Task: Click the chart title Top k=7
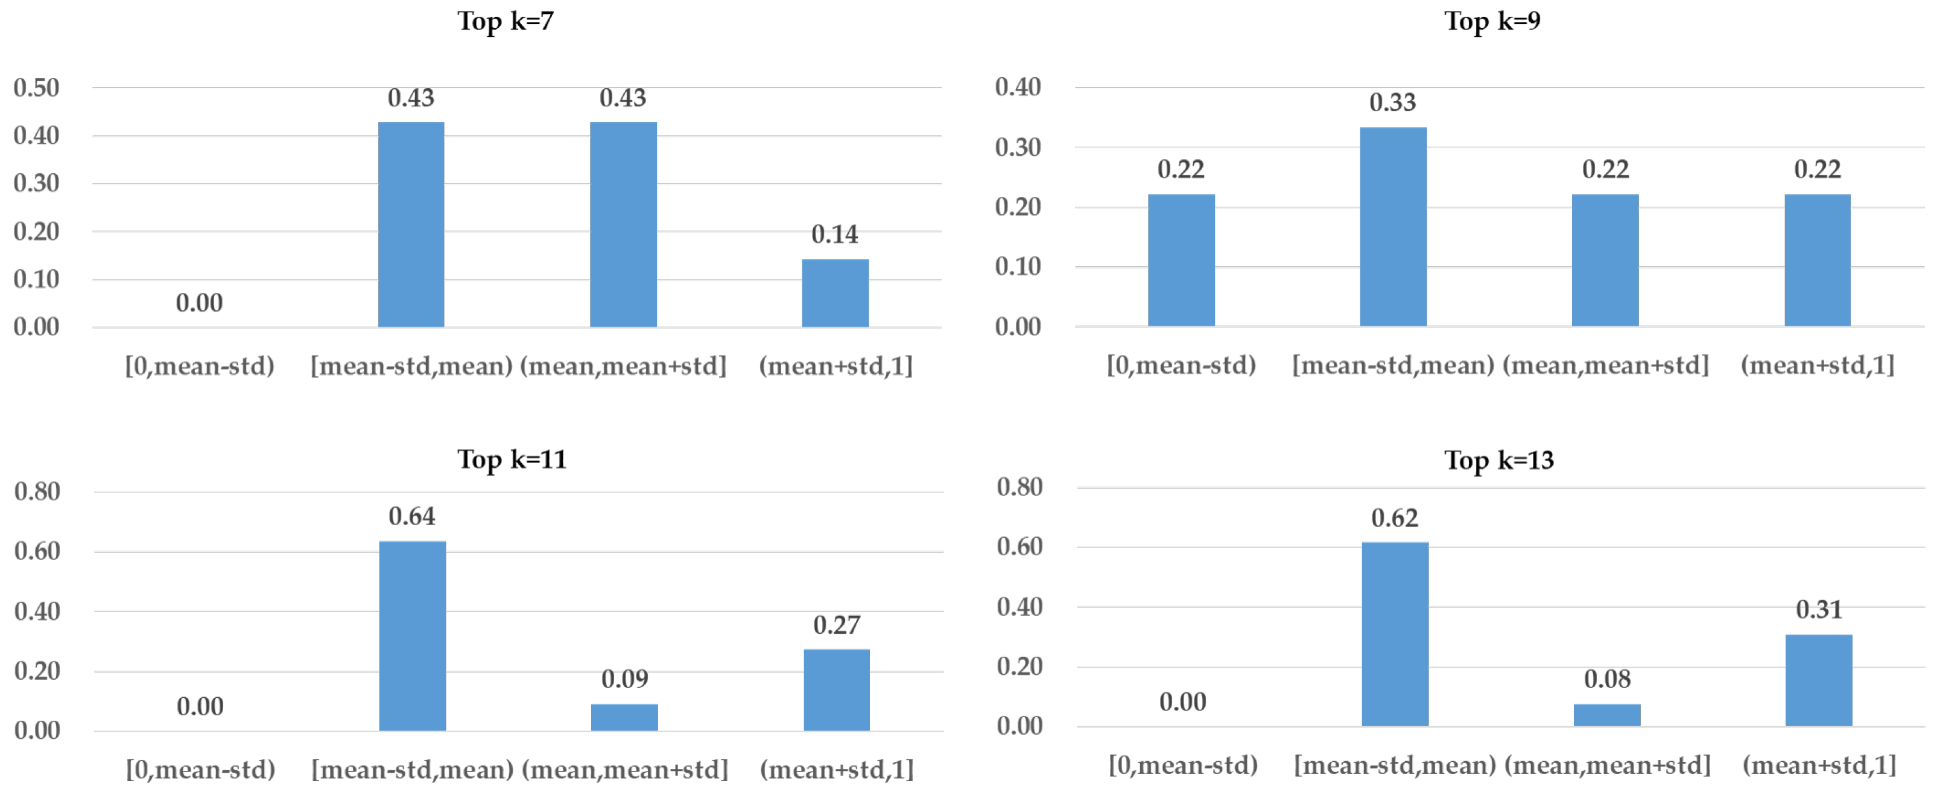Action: click(506, 21)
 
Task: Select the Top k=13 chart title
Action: click(1498, 459)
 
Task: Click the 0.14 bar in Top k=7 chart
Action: click(835, 293)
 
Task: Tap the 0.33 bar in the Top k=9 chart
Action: click(1393, 226)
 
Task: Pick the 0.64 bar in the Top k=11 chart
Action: click(412, 636)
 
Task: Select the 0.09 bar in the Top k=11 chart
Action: click(624, 717)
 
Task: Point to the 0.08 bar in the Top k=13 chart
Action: click(1607, 715)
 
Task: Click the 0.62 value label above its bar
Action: click(1394, 518)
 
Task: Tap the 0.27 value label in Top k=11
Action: click(836, 625)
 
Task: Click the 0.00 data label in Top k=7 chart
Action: click(199, 303)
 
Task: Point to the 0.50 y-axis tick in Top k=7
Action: click(36, 88)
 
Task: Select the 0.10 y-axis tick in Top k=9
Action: click(1018, 266)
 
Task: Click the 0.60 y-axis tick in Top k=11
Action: click(37, 551)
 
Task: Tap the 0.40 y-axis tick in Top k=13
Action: click(1019, 606)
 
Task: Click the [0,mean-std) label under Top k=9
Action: click(1181, 366)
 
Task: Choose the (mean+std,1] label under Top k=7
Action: click(835, 366)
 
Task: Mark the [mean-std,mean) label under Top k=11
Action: click(412, 770)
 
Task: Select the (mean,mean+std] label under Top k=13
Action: click(1607, 765)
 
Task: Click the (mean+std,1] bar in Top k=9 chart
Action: click(1817, 260)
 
